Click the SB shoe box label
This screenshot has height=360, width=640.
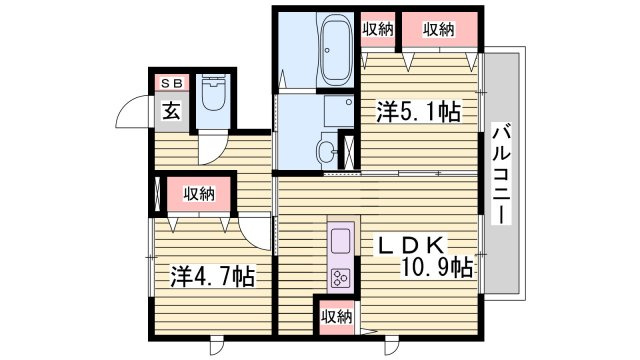[171, 83]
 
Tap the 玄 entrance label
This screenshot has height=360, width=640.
[171, 111]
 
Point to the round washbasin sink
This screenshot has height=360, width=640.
[327, 151]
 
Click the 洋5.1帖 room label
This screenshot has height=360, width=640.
[418, 112]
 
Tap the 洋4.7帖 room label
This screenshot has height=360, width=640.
[212, 276]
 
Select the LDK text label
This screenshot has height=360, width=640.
[412, 245]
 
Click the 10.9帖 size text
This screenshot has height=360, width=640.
[438, 267]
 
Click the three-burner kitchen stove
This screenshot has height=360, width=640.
[341, 278]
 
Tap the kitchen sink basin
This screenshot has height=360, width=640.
[341, 241]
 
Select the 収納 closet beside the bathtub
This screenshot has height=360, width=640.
[378, 30]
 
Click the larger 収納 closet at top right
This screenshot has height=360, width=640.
[440, 30]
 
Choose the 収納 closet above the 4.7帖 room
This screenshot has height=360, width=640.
[199, 194]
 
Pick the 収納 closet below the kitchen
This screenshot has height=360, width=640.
[336, 317]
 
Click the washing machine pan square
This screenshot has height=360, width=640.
[339, 111]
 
